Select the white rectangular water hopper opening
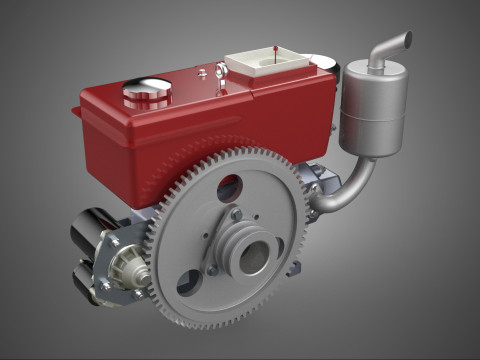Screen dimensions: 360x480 (x=263, y=61)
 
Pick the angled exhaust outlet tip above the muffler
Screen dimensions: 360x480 (x=394, y=43)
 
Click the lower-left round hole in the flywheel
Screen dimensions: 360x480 (x=189, y=283)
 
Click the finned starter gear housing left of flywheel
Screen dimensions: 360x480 (x=129, y=265)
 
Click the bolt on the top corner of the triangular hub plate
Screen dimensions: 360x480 (x=236, y=213)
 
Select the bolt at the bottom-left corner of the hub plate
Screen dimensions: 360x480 (x=211, y=270)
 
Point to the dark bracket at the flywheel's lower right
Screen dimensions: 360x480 (x=293, y=268)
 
